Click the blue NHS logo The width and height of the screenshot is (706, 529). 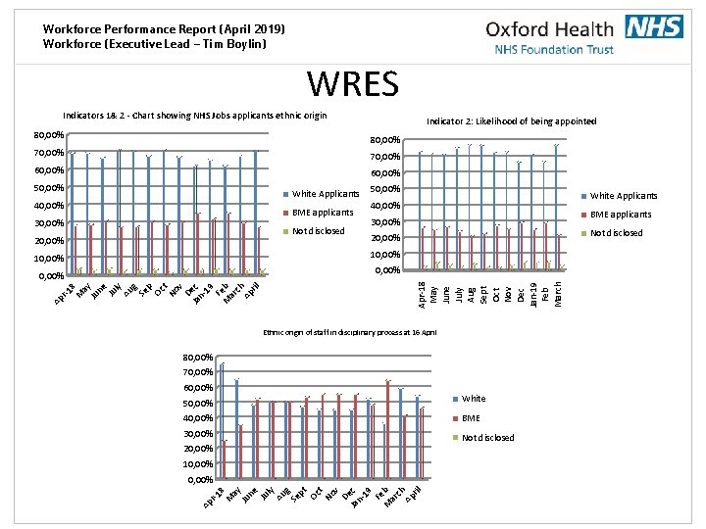coord(654,26)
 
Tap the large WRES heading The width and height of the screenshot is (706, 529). coord(353,84)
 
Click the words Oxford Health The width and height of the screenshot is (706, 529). coord(549,29)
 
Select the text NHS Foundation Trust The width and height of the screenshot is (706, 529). coord(554,49)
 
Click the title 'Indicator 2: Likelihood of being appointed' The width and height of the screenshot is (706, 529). coord(511,121)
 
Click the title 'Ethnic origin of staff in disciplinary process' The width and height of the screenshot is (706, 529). coord(350,333)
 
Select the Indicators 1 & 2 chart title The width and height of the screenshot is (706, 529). coord(194,116)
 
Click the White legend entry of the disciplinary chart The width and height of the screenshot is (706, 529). coord(473,399)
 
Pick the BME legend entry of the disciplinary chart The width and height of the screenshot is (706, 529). coord(471,418)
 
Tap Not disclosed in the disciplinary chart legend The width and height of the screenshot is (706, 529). coord(486,438)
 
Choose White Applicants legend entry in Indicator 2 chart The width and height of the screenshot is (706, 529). coord(623,196)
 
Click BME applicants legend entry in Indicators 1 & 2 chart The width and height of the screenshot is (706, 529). coord(322,213)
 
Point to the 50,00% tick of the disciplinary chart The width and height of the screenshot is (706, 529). coord(198,403)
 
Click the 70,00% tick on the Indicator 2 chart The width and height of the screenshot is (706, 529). coord(383,157)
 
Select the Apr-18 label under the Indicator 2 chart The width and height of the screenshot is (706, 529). coord(422,293)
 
